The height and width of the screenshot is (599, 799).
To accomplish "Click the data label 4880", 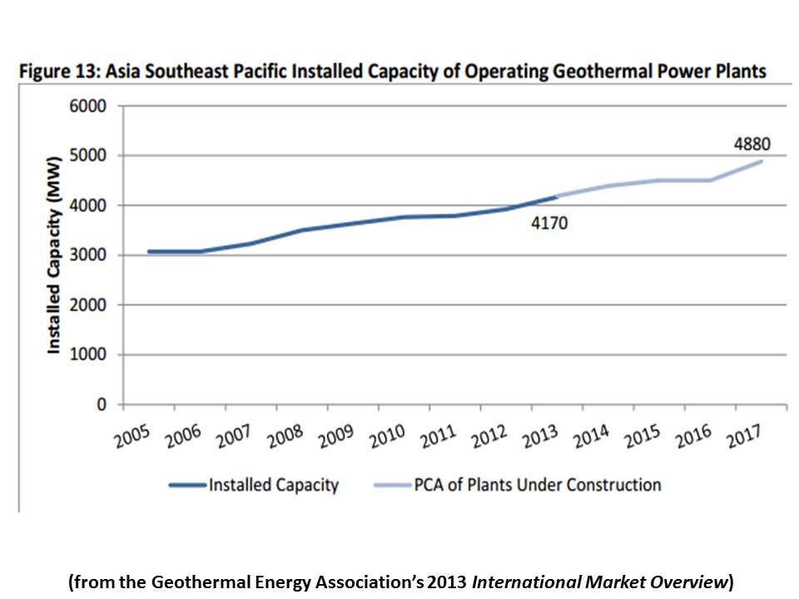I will click(752, 144).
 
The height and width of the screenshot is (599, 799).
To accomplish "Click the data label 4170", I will click(549, 223).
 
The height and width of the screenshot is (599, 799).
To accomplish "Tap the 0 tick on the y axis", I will click(102, 405).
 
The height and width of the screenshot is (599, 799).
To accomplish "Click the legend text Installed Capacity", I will click(274, 485).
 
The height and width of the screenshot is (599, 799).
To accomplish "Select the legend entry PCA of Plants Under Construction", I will click(538, 485).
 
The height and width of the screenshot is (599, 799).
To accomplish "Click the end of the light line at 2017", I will click(761, 161).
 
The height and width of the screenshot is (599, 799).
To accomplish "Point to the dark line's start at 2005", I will click(149, 251).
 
